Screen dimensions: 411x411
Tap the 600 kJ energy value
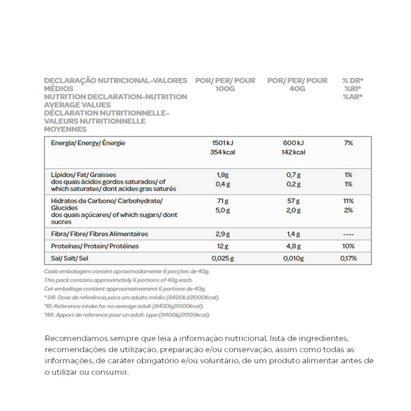(293, 143)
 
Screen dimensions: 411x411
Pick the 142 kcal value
(293, 152)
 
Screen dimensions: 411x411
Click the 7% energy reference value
(349, 143)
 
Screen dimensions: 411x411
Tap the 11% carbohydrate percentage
(349, 201)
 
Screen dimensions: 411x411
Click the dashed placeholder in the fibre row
(349, 234)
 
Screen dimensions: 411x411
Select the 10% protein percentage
(349, 246)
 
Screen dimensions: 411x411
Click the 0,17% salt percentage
(349, 258)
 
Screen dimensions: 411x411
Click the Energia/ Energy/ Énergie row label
(88, 143)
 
